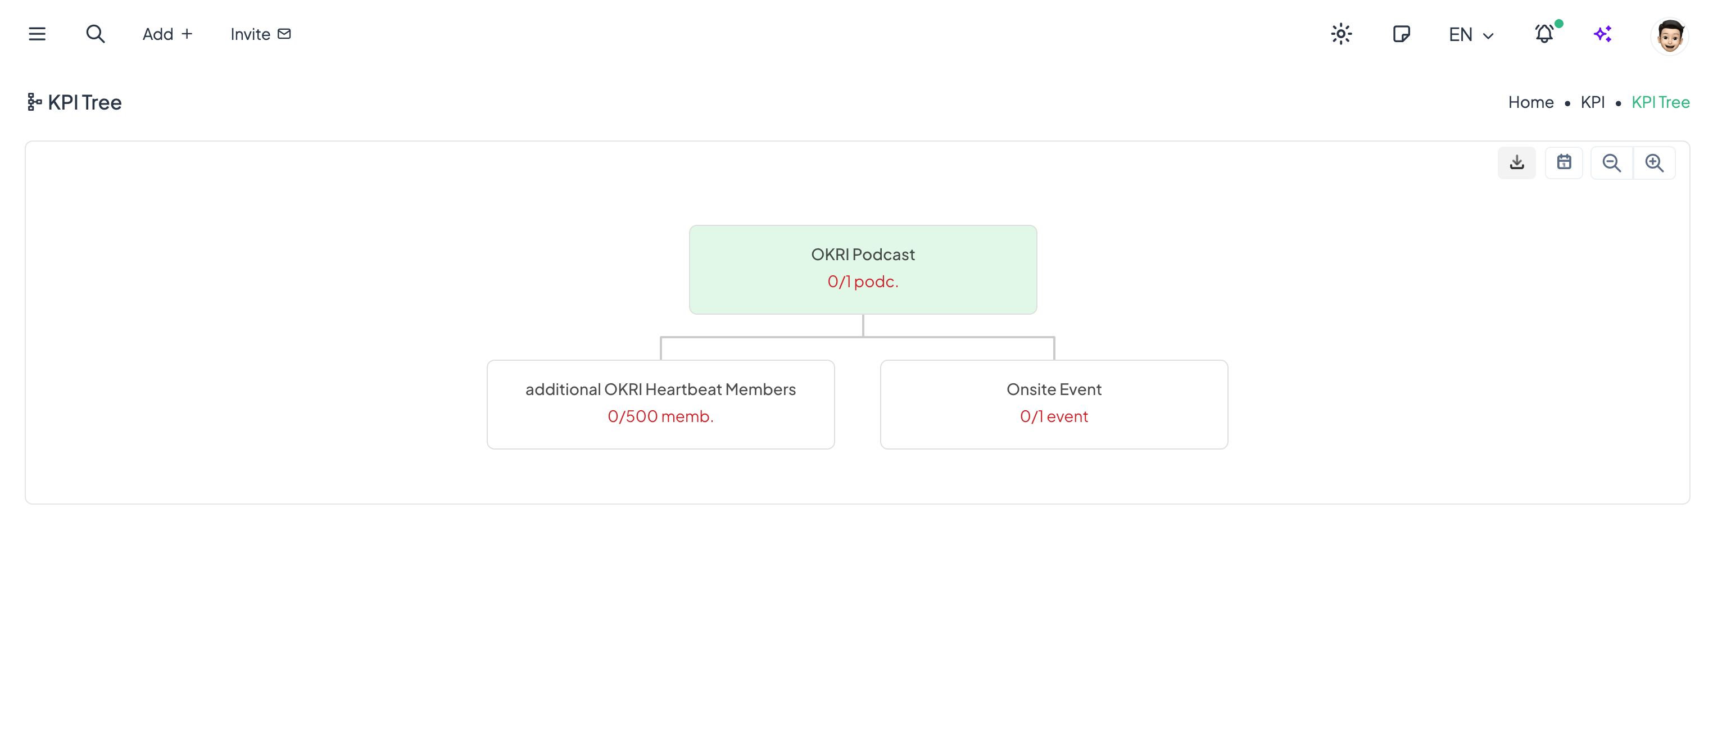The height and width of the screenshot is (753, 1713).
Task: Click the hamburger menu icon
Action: click(37, 34)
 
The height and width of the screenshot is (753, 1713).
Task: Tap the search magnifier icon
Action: click(95, 34)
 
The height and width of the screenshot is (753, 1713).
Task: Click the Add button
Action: click(167, 34)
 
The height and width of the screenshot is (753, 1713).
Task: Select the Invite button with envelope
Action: click(261, 34)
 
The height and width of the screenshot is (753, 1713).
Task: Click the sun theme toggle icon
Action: click(1342, 34)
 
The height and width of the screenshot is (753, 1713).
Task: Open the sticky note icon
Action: click(1401, 34)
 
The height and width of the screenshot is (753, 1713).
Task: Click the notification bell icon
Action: click(1544, 34)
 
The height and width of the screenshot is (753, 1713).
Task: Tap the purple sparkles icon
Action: click(1603, 34)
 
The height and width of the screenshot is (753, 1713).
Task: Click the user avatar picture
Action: click(1670, 35)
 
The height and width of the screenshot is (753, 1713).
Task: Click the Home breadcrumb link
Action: click(1530, 102)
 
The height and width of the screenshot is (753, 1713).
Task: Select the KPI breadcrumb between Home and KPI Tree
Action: click(1592, 102)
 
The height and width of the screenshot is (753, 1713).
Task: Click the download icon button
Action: click(1517, 163)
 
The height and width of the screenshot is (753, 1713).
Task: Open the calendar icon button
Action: click(1564, 163)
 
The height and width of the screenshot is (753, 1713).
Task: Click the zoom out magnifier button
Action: click(1611, 163)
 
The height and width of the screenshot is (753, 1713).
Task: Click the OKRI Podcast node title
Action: click(863, 255)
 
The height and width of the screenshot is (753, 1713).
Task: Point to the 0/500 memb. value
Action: click(660, 416)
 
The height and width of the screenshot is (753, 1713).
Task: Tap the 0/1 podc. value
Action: click(863, 282)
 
